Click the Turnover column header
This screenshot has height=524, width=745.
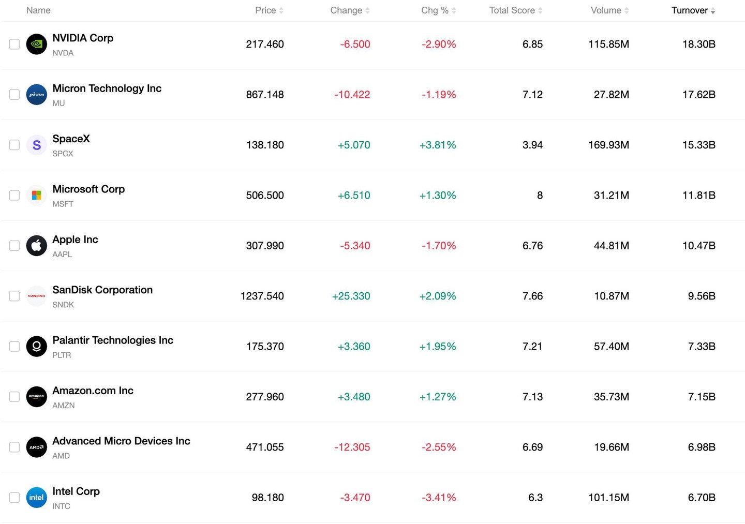[x=689, y=10]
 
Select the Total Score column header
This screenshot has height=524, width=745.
[x=512, y=10]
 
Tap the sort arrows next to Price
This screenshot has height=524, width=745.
[x=281, y=11]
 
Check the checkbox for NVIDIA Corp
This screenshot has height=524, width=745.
[x=14, y=44]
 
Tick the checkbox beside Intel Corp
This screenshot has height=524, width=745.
[x=14, y=498]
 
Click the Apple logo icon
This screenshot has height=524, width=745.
[x=37, y=245]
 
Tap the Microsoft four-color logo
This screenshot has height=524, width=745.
[x=37, y=195]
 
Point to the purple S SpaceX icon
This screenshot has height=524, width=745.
[x=37, y=145]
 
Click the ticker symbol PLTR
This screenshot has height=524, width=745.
[x=62, y=355]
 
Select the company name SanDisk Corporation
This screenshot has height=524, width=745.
[x=102, y=290]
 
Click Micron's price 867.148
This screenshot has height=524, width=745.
[x=265, y=95]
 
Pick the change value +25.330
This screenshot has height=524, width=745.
[x=351, y=296]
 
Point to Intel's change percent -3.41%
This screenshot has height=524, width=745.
[x=439, y=498]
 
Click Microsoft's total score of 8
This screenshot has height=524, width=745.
[x=540, y=195]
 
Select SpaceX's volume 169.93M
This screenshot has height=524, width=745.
[x=608, y=145]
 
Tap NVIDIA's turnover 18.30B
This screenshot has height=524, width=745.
[x=699, y=44]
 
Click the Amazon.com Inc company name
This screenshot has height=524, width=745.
[x=93, y=391]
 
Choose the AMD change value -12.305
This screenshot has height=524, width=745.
[x=352, y=447]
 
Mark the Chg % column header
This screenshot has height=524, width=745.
[x=435, y=10]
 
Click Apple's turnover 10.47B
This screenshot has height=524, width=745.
[x=699, y=245]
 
